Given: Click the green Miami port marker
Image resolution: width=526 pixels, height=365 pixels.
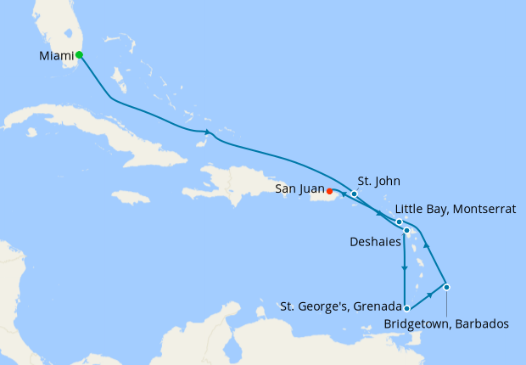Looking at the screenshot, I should (x=79, y=55).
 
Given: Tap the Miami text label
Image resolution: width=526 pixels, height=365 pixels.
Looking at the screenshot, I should (x=56, y=57).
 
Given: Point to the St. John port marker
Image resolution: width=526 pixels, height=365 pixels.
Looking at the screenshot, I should (x=354, y=194).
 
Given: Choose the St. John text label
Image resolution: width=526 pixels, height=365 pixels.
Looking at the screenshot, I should (x=378, y=181).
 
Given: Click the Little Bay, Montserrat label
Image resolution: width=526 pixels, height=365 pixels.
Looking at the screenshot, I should (x=455, y=210).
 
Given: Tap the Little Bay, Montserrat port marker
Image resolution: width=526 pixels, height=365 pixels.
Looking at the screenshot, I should (x=399, y=222).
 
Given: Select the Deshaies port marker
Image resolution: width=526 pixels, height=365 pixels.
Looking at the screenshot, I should (x=406, y=231).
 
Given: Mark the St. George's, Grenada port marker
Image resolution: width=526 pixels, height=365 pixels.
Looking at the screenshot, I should (x=407, y=309).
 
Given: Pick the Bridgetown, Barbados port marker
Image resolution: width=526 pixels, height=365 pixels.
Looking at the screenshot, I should (x=446, y=287).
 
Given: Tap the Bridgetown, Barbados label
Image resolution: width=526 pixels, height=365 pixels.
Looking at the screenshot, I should (x=446, y=323).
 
